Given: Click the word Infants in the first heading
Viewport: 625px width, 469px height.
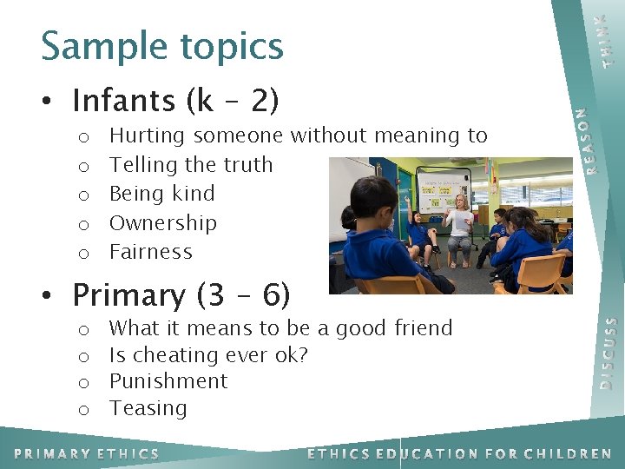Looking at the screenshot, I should tap(123, 102).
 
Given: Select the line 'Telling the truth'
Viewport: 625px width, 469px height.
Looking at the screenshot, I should tap(191, 165).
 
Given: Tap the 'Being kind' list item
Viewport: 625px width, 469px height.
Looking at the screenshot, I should tap(162, 194).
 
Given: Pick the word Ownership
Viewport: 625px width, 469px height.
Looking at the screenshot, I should tap(163, 223).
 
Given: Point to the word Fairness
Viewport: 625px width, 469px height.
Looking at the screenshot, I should tap(151, 252).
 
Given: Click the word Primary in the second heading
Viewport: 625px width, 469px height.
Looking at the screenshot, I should tap(129, 296).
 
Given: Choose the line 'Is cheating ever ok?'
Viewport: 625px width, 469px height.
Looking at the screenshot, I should tap(208, 355).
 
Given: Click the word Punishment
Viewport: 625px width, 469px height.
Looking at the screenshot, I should tap(168, 381).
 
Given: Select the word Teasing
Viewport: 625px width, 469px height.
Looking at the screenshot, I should tap(148, 408).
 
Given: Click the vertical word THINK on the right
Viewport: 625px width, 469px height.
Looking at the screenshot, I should tap(609, 40).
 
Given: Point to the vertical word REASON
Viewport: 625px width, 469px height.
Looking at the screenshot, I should tap(591, 140).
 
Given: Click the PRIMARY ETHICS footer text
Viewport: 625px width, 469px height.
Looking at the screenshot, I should tap(87, 453).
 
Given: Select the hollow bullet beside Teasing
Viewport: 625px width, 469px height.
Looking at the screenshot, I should tap(83, 409).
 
